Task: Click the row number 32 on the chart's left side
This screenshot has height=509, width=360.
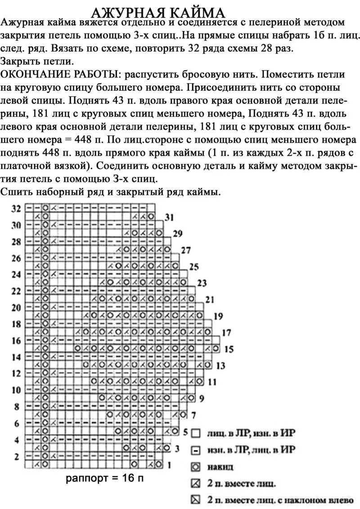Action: (x=16, y=208)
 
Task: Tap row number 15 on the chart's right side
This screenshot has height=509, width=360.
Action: (x=229, y=349)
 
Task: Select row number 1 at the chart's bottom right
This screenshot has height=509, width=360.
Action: (x=169, y=464)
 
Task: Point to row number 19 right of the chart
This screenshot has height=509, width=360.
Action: (x=218, y=316)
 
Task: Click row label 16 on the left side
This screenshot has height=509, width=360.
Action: (x=16, y=341)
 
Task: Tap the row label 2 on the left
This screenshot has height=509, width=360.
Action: (x=17, y=456)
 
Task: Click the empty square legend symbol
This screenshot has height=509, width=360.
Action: (x=195, y=434)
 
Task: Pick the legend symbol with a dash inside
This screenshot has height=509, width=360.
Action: (x=195, y=450)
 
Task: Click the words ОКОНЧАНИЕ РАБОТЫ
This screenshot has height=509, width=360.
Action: (x=61, y=74)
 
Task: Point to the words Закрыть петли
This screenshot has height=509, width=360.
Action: (x=37, y=61)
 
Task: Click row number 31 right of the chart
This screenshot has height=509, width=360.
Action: (x=169, y=217)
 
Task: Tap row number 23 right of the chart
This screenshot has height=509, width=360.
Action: (x=202, y=283)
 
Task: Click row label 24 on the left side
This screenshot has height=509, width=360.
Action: (x=16, y=275)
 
